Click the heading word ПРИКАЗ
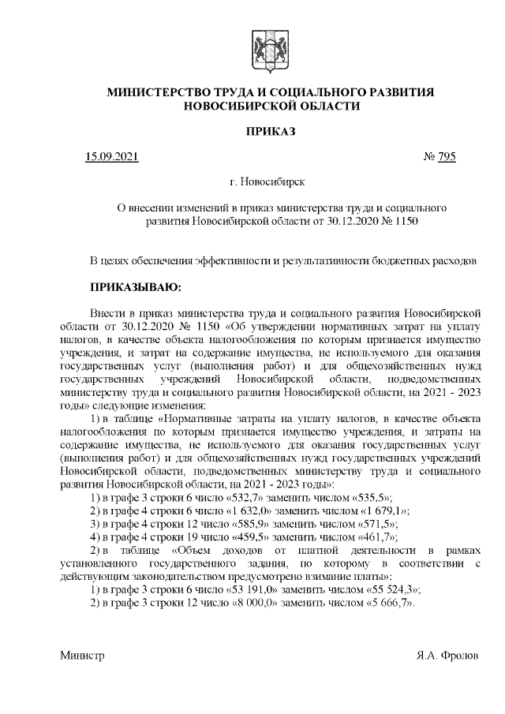[271, 130]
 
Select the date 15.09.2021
[111, 157]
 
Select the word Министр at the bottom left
[82, 655]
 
